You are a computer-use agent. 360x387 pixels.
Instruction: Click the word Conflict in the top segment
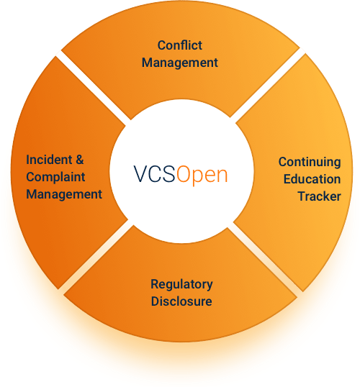click(179, 45)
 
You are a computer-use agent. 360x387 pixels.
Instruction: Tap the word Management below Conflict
click(179, 63)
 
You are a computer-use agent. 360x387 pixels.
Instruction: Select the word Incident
click(49, 160)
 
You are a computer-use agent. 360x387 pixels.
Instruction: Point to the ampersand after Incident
click(80, 160)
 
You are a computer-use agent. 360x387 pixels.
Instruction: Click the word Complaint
click(55, 178)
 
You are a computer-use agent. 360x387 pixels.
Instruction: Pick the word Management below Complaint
click(64, 194)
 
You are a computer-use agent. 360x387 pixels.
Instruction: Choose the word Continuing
click(310, 163)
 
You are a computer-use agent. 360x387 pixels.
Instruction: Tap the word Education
click(312, 179)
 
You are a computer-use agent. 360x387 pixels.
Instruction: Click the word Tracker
click(319, 196)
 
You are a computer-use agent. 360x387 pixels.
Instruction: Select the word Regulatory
click(181, 285)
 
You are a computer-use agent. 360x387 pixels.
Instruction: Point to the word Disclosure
click(181, 301)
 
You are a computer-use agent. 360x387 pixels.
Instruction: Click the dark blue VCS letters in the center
click(154, 174)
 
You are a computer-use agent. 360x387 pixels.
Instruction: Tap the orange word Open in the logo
click(202, 176)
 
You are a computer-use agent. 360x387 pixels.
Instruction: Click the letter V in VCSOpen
click(141, 174)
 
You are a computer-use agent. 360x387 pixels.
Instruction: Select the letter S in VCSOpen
click(168, 174)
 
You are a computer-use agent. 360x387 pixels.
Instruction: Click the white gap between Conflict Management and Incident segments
click(94, 88)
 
